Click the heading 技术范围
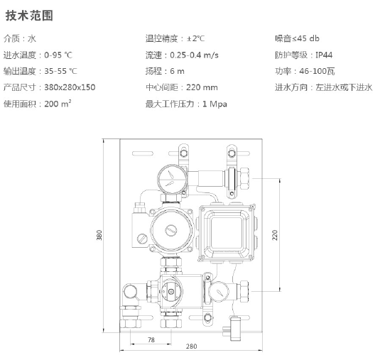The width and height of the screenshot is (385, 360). point(29,15)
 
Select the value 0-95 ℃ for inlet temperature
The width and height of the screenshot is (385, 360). point(58,55)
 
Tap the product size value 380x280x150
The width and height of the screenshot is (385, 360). point(70,87)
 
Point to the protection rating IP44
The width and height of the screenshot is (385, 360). point(324,55)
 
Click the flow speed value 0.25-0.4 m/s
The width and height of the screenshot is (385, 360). point(194,55)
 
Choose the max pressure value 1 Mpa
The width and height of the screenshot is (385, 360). point(215,104)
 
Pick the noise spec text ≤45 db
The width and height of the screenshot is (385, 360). point(305,38)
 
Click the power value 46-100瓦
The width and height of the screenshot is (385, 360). point(317,71)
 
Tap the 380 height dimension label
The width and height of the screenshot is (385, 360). point(99,235)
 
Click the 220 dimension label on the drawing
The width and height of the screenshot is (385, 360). point(275,235)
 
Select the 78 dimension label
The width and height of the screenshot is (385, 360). point(151,340)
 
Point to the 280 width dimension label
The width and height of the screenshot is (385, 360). point(191,347)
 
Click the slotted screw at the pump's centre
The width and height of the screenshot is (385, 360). point(171,231)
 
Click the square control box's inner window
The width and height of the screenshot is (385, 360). point(226,233)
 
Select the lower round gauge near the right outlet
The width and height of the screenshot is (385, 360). point(219,292)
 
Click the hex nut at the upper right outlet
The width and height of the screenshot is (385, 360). point(245,178)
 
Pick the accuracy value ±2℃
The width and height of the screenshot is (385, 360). point(195,38)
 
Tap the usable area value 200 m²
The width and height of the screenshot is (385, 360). point(58,104)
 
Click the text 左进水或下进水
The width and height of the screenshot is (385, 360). point(344,87)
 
